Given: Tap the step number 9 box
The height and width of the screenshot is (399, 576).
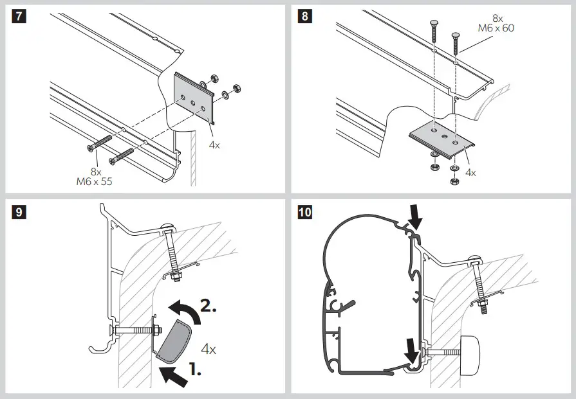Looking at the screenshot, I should click(19, 212).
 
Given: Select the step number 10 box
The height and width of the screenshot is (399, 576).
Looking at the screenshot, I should click(304, 212).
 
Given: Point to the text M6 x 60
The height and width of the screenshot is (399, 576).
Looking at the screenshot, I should click(496, 28).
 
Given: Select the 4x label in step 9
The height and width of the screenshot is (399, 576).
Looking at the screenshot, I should click(208, 350).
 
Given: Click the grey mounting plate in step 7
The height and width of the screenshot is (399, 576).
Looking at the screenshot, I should click(196, 100).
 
